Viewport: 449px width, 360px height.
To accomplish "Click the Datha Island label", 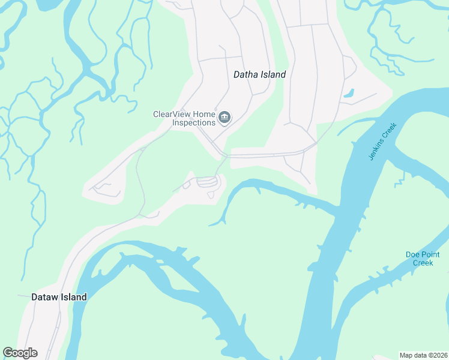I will pos(259,75).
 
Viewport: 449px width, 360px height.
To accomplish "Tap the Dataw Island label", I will pos(59,297).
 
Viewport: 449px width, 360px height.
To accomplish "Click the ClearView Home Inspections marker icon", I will pos(224,117).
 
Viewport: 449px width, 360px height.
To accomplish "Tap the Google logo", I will pos(20,353).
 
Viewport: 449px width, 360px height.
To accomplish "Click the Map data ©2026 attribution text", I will pos(423,355).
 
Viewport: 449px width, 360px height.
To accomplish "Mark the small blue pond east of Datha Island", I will pos(348,94).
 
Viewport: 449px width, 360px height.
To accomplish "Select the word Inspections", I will pos(194,122).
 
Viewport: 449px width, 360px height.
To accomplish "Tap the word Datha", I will pos(244,75).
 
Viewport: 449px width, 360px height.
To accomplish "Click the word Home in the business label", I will pos(203,113).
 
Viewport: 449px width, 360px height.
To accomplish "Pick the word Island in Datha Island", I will pos(273,75).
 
